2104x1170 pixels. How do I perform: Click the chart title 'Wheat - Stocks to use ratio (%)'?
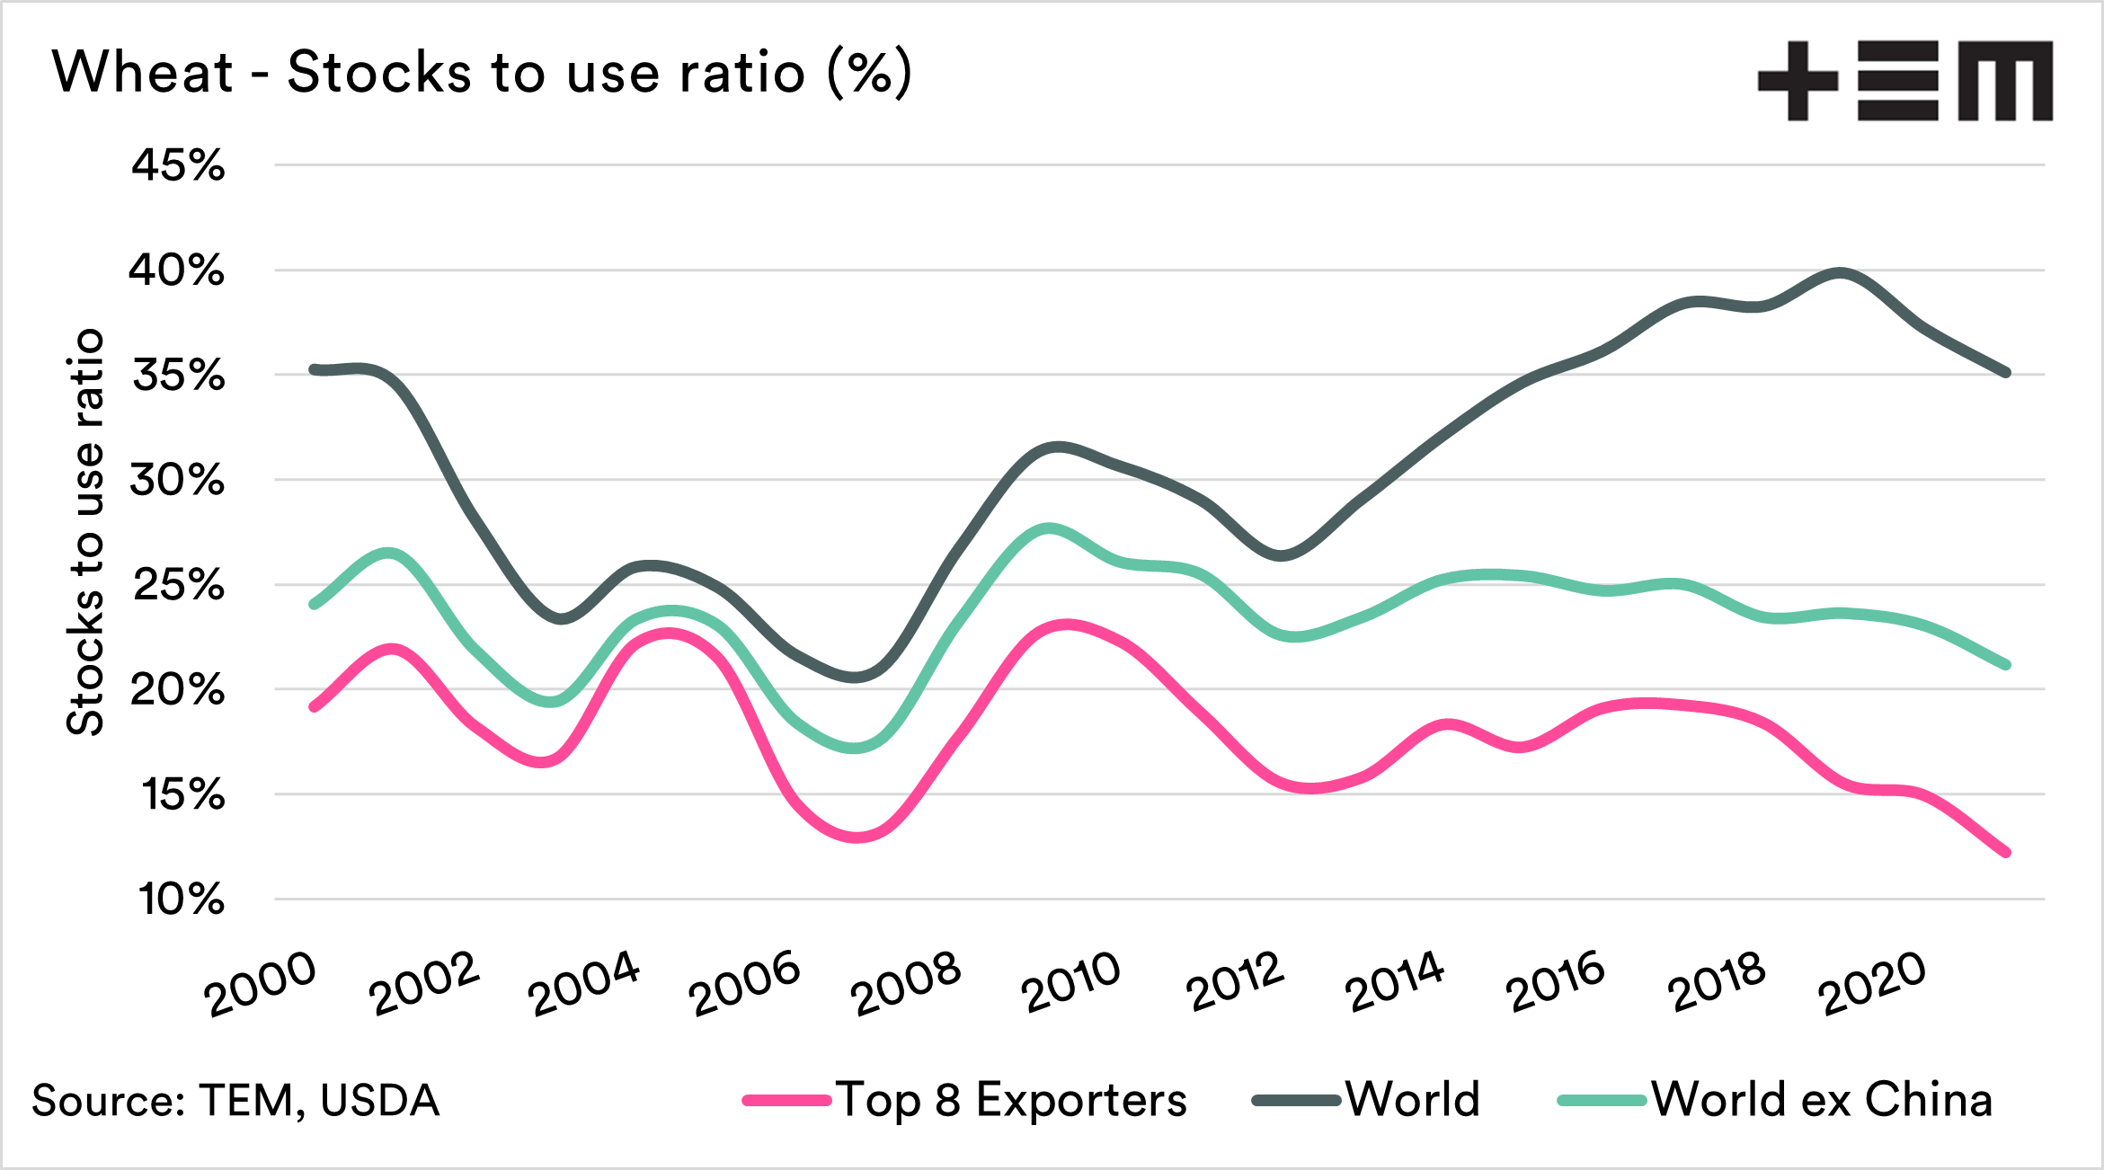[482, 72]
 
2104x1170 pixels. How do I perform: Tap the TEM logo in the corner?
[1904, 81]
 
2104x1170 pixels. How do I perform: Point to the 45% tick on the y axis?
[178, 165]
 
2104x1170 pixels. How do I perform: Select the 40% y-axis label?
[176, 270]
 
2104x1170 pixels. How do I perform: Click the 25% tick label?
[178, 585]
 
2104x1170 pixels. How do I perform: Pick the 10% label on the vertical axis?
[181, 900]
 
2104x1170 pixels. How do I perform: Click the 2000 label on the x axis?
[261, 985]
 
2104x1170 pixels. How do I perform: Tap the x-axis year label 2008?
[905, 985]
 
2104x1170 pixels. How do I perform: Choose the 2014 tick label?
[1394, 982]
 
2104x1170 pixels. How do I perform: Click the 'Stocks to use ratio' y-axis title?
[86, 532]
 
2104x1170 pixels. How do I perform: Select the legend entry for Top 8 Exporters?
[964, 1100]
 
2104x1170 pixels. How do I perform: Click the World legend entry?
[1366, 1100]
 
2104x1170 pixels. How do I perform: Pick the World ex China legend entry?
[1775, 1100]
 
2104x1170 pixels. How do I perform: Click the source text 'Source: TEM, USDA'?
[235, 1101]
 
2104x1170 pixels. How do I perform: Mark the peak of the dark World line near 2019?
[1840, 273]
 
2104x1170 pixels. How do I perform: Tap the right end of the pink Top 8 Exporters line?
[2006, 852]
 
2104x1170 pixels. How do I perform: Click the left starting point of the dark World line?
[314, 369]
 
